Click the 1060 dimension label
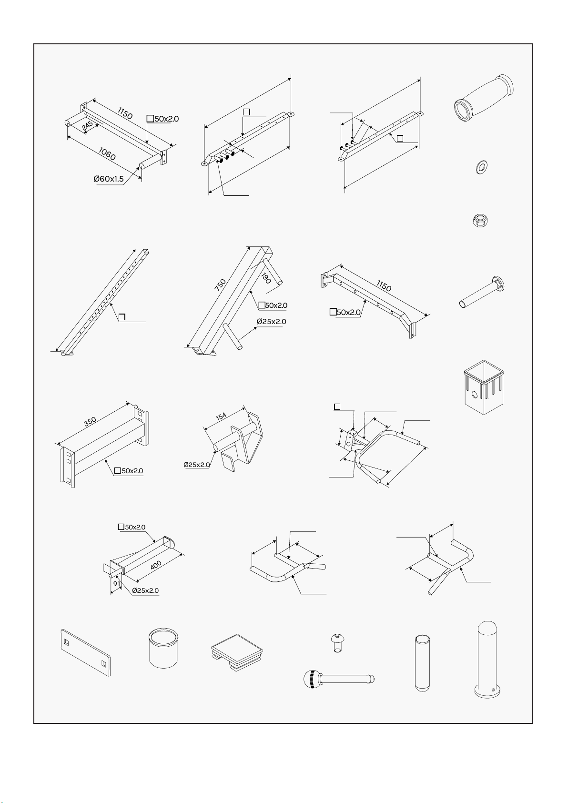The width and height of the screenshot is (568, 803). point(107,154)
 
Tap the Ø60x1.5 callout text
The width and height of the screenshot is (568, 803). point(109,179)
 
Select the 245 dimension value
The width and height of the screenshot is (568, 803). point(87,126)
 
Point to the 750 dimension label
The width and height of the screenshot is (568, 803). point(221,285)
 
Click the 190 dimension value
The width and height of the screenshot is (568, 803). point(266,278)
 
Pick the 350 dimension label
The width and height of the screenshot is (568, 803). point(90,421)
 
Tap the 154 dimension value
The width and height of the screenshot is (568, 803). point(221,416)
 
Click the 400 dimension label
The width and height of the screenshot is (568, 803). point(156,565)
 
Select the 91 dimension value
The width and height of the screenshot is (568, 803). point(116,584)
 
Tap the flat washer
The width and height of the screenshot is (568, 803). point(481,167)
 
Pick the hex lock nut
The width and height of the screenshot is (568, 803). point(480,220)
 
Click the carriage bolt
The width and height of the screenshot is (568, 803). point(482,292)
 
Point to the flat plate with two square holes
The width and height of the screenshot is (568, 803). point(86,652)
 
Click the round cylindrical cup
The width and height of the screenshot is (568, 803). point(163,648)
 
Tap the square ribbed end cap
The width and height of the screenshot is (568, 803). point(237,652)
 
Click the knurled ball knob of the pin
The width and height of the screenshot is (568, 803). point(311,679)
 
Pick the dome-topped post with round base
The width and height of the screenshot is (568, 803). point(487,659)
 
